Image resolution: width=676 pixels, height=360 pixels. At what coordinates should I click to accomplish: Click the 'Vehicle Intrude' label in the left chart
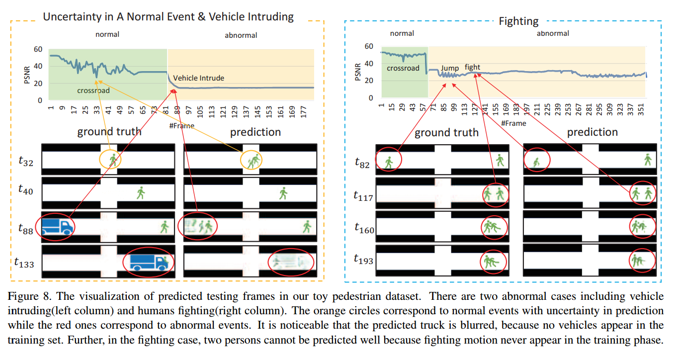click(198, 78)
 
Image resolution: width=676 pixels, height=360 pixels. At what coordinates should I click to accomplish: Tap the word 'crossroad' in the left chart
click(93, 90)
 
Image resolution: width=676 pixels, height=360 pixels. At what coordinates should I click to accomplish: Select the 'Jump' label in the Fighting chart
click(450, 68)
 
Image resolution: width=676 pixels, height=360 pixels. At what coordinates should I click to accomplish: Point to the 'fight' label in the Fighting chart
click(472, 67)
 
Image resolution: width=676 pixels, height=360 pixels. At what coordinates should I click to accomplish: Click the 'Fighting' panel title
click(518, 21)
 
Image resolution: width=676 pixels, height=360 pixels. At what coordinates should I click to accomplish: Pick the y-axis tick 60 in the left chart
click(37, 50)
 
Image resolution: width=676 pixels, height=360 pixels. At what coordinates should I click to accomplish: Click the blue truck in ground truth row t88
click(57, 227)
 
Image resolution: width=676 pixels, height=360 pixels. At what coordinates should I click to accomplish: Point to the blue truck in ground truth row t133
click(149, 261)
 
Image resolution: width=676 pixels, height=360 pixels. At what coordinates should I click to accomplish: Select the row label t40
click(25, 189)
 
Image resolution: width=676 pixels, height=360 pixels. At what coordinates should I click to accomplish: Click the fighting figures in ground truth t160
click(493, 227)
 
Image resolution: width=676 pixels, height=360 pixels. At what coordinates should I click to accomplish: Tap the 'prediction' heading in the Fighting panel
click(592, 132)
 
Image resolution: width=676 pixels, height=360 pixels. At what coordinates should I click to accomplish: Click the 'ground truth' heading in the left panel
click(109, 132)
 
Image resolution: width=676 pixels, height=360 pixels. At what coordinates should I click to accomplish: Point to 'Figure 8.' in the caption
click(30, 297)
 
